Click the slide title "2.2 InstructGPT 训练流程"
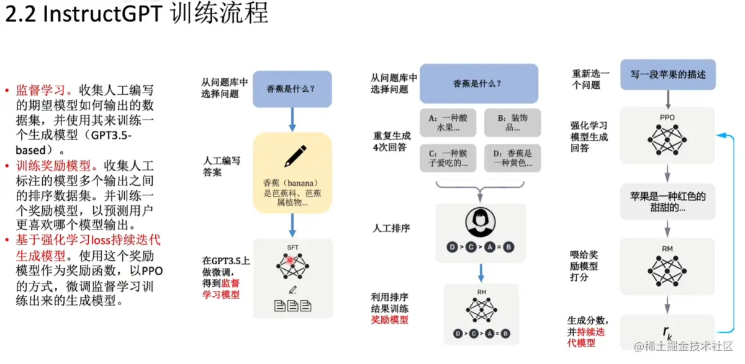(137, 14)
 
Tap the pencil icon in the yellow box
(292, 156)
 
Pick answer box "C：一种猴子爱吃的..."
(448, 158)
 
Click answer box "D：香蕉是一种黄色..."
(512, 158)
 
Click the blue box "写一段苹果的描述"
(668, 74)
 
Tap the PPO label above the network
(667, 117)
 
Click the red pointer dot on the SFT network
(289, 260)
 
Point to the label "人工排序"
(391, 228)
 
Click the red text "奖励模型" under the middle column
(390, 320)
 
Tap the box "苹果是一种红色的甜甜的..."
(668, 202)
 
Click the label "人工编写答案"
(222, 166)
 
